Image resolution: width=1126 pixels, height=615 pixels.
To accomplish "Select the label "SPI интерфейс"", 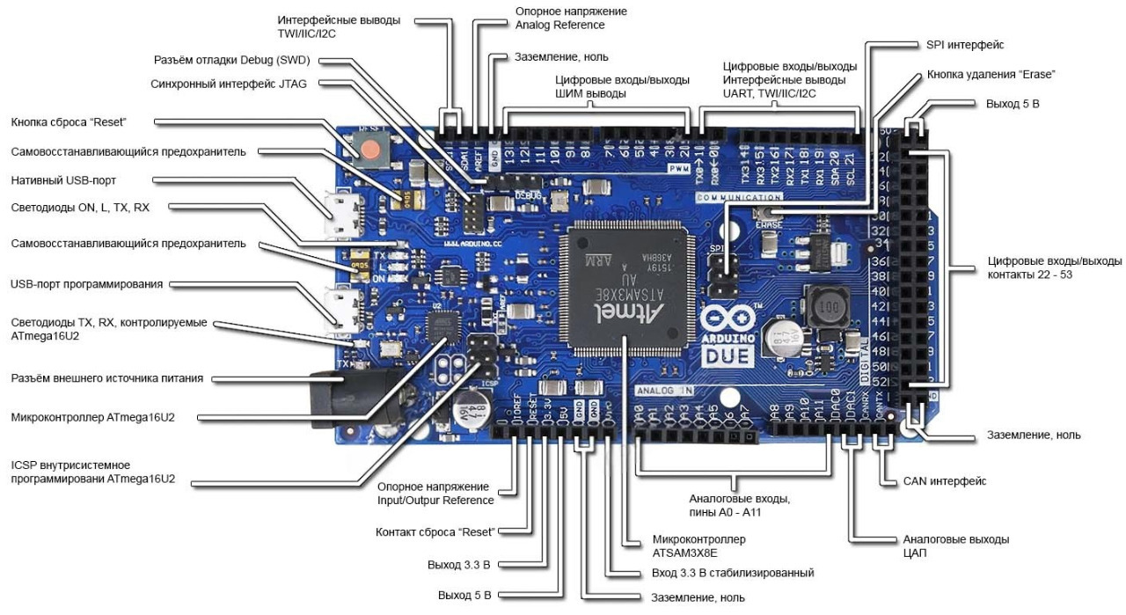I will click(965, 45).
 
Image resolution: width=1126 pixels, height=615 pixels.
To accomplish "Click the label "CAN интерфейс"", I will click(945, 481).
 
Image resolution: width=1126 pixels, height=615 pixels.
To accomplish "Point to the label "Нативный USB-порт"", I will click(64, 180).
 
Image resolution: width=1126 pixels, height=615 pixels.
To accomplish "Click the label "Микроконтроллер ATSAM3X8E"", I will click(698, 545).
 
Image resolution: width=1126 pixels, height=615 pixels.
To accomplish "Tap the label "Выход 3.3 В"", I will click(464, 563).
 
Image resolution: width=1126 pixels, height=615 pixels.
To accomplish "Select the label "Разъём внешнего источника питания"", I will click(107, 378).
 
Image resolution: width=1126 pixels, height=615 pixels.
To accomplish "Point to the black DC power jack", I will click(343, 400).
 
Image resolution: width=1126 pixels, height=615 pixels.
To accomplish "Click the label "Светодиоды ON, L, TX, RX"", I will click(81, 208).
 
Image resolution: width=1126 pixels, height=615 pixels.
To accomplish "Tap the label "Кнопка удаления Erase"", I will click(991, 75).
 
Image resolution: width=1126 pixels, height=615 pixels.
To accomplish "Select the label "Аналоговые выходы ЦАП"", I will click(956, 546).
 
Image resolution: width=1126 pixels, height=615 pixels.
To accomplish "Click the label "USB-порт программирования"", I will click(87, 284).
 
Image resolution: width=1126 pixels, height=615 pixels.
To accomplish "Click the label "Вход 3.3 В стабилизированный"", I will click(733, 573).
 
